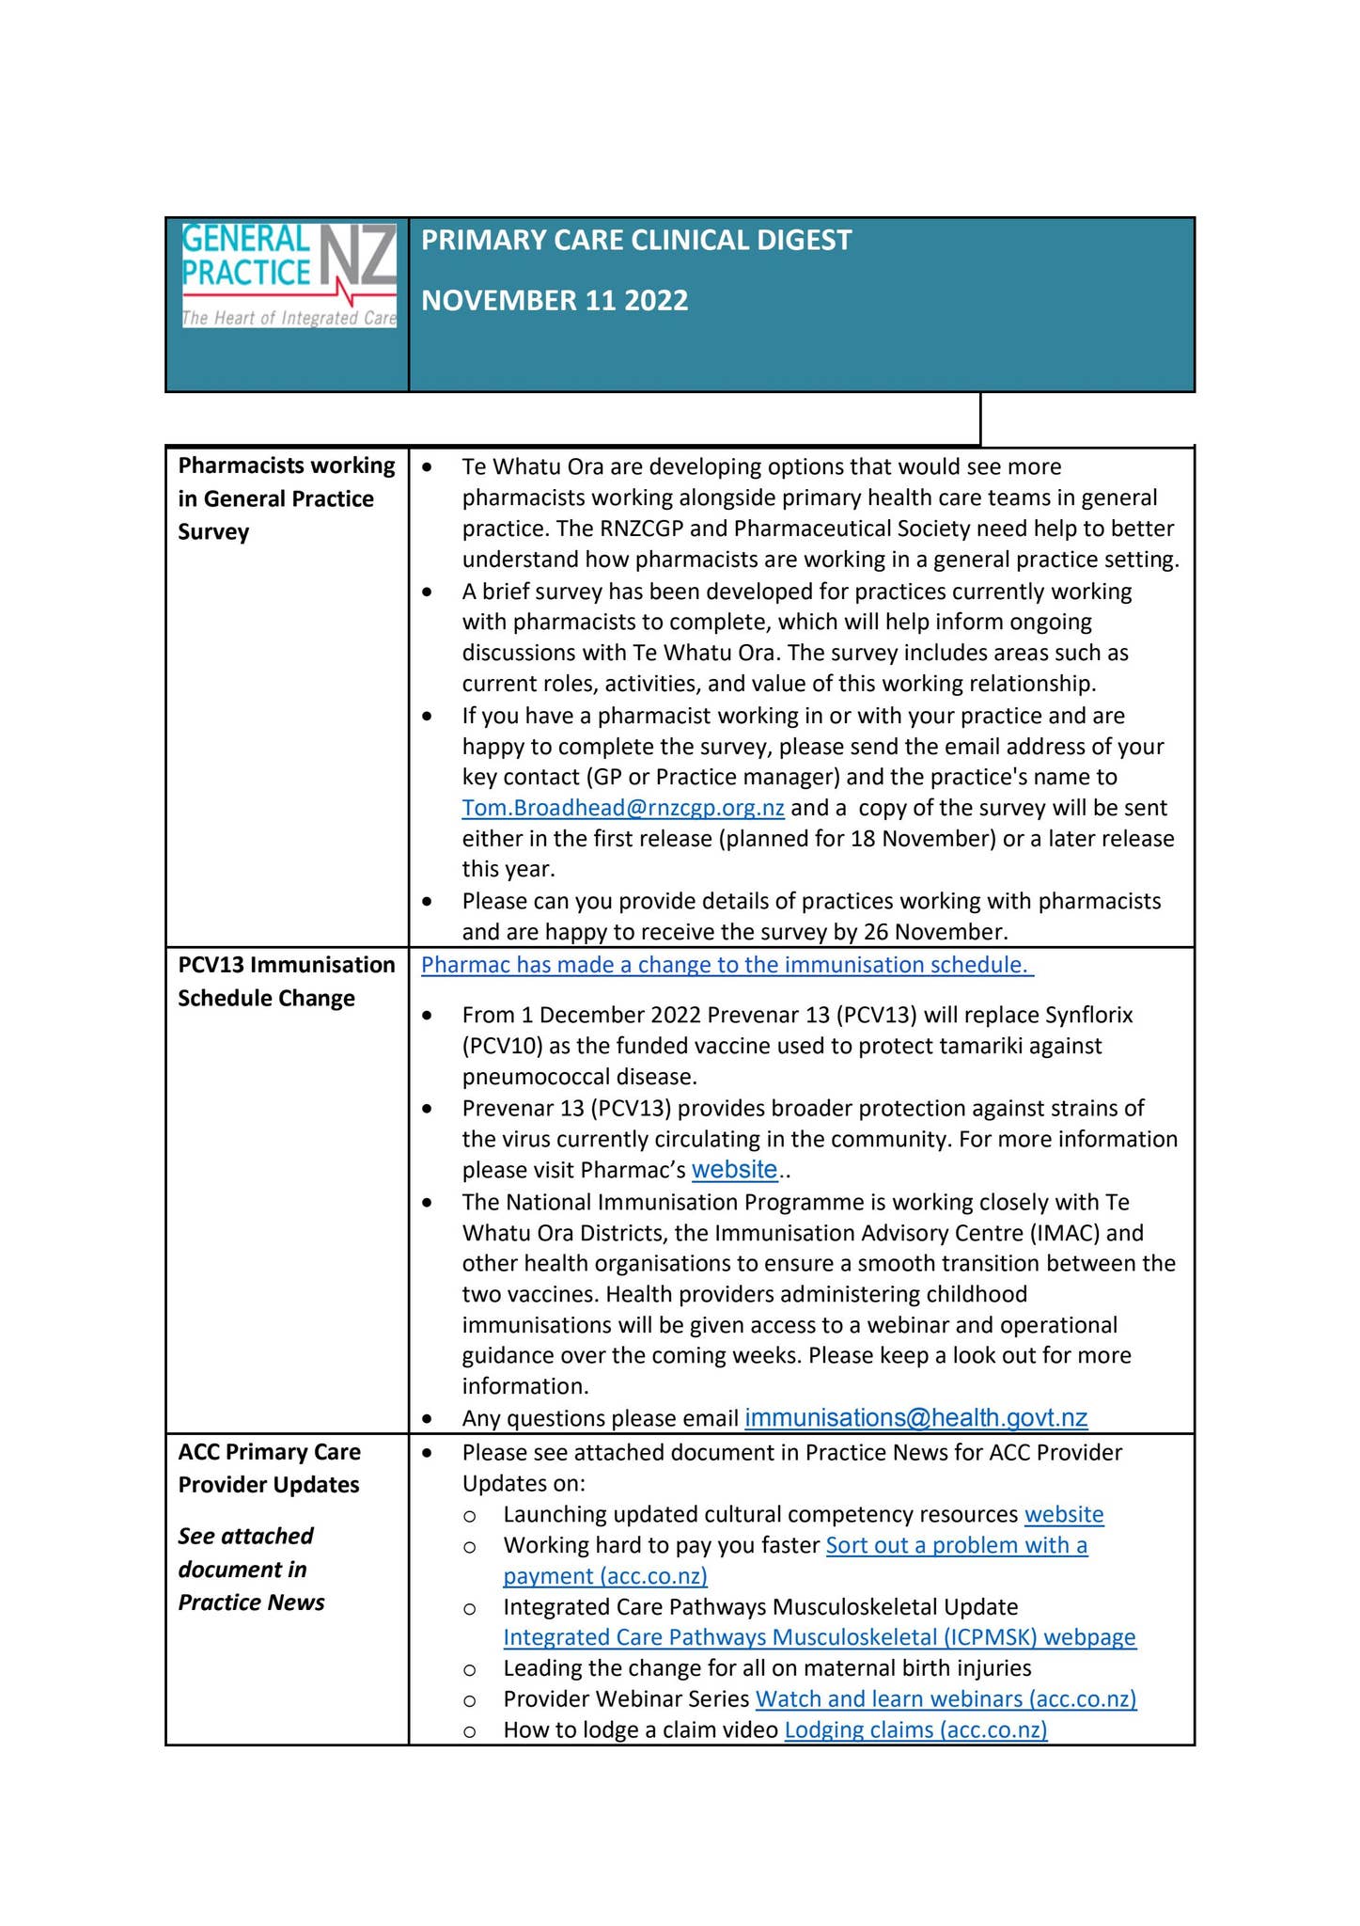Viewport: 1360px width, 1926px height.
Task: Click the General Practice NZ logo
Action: click(289, 275)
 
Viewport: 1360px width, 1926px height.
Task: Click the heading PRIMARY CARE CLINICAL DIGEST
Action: click(636, 241)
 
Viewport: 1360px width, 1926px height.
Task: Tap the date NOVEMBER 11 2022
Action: click(555, 301)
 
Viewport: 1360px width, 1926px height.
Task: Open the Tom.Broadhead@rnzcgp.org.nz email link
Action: click(623, 808)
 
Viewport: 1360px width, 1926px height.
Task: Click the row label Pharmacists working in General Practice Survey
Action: click(286, 498)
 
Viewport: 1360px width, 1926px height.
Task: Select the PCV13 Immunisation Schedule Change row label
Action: click(286, 981)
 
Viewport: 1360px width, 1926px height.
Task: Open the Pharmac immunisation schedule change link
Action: click(727, 965)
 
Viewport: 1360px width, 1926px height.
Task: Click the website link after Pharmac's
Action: click(734, 1170)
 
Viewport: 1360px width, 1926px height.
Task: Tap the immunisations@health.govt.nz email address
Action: click(915, 1417)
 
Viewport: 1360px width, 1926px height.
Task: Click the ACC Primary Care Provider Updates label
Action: click(269, 1468)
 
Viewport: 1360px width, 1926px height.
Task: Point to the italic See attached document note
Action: click(251, 1569)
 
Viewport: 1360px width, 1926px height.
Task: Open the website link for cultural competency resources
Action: click(1064, 1514)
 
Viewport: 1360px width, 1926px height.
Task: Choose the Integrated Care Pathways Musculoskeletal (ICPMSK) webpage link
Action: click(820, 1637)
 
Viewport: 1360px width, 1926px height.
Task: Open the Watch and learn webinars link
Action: click(946, 1698)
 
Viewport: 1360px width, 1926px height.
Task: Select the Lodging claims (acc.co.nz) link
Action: click(915, 1729)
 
